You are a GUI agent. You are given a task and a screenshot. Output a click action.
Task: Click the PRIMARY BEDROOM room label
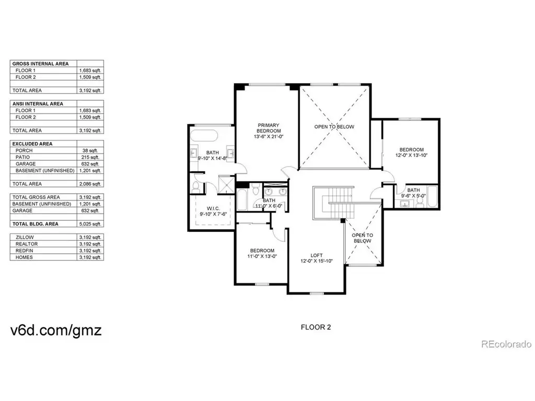tap(269, 128)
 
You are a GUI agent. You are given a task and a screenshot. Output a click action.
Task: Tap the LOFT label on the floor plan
tap(316, 255)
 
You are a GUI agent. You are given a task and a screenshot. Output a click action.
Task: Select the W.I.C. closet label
tap(213, 208)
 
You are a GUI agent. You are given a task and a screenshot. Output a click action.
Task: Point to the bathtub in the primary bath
tap(204, 135)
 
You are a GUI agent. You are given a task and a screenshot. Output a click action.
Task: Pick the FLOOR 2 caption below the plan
tap(316, 327)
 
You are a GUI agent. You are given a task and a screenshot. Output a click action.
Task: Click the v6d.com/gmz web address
tap(56, 331)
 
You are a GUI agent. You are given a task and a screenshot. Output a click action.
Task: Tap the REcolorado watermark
tap(506, 344)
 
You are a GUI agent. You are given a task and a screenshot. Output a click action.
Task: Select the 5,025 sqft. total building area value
tap(90, 224)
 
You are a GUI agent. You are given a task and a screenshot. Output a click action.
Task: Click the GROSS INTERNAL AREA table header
tap(40, 64)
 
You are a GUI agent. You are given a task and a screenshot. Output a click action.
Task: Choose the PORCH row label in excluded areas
tap(24, 150)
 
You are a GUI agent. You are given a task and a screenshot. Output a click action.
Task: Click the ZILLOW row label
tap(25, 238)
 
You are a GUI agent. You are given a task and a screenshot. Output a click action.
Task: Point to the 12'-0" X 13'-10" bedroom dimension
tap(412, 155)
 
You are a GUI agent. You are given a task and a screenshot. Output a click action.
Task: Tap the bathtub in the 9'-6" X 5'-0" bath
tap(432, 196)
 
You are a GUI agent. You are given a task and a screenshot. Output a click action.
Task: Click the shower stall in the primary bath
tap(227, 184)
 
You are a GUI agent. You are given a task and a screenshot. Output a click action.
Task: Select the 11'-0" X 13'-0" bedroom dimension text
tap(262, 256)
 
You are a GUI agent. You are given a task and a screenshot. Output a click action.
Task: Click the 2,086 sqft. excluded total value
tap(90, 184)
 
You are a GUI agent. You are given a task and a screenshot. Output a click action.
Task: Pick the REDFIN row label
tap(24, 251)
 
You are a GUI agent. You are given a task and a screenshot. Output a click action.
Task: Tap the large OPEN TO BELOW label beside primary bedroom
tap(334, 127)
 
